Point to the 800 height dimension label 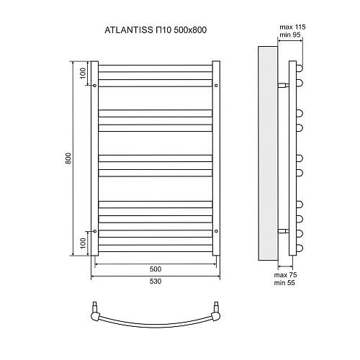click(68, 158)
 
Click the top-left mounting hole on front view click(96, 85)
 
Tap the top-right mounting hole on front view click(215, 85)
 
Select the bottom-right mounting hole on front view click(215, 231)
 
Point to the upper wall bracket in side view click(286, 84)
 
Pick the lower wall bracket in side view click(286, 231)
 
